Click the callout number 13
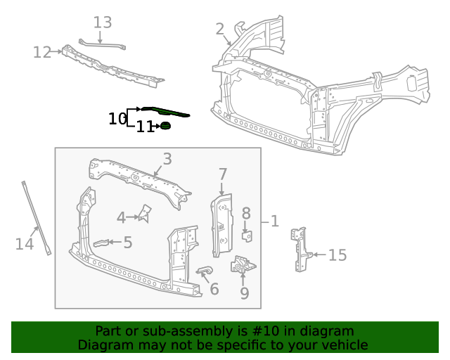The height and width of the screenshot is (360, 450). tap(103, 22)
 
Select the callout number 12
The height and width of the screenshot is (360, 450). tap(42, 52)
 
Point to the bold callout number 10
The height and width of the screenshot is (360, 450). tap(117, 119)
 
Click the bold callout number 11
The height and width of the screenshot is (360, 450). tap(145, 127)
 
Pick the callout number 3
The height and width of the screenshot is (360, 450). tap(167, 160)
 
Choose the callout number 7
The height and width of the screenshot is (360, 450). tap(223, 174)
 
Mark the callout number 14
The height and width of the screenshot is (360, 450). tap(25, 244)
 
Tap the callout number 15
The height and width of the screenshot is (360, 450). tap(337, 255)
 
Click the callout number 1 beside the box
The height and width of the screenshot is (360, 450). tap(274, 221)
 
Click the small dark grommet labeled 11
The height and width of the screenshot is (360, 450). tap(166, 126)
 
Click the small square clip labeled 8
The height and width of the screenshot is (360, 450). tap(247, 235)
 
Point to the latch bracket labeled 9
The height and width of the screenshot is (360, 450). tap(243, 266)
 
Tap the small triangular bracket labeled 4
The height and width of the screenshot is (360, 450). tap(146, 213)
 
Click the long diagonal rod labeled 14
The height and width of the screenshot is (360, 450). tap(35, 218)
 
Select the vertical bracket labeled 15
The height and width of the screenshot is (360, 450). tap(301, 248)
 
